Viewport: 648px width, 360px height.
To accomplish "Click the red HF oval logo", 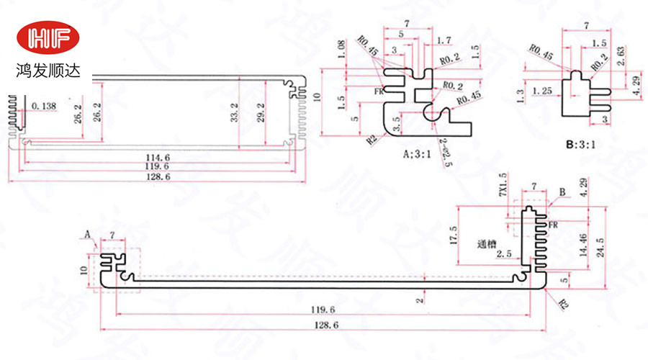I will click(x=49, y=39).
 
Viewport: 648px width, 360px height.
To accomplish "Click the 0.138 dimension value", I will click(x=45, y=107).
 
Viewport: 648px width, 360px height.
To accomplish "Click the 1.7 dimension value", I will click(x=444, y=40).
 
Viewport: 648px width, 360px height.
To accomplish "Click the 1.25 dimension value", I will click(x=541, y=91).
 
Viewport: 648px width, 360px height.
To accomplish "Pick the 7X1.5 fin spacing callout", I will click(x=503, y=186).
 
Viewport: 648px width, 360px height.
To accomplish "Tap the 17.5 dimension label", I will click(x=472, y=234).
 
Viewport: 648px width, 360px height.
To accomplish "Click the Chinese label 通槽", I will click(x=487, y=243).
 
